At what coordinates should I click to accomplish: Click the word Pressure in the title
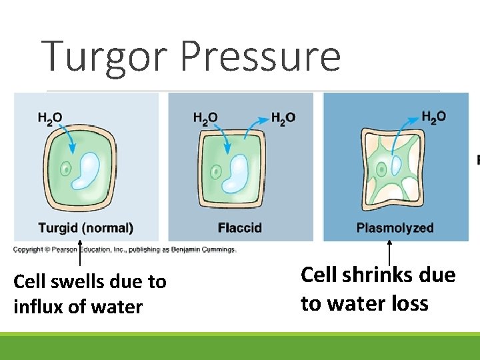click(260, 57)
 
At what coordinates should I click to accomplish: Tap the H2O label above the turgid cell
click(50, 118)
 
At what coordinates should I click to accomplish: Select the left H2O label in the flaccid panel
click(205, 118)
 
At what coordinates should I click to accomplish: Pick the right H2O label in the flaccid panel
click(283, 118)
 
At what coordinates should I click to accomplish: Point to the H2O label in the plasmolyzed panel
click(433, 117)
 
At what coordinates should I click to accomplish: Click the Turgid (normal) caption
click(86, 228)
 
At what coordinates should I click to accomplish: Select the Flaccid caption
click(239, 228)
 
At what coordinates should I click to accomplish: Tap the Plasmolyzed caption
click(395, 228)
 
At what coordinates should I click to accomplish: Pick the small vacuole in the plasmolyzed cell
click(395, 166)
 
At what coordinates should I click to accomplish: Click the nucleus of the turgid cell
click(65, 169)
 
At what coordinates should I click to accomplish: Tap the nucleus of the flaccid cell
click(217, 172)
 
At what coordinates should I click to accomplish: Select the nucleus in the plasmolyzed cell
click(381, 169)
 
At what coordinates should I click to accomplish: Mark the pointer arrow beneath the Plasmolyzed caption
click(389, 253)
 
